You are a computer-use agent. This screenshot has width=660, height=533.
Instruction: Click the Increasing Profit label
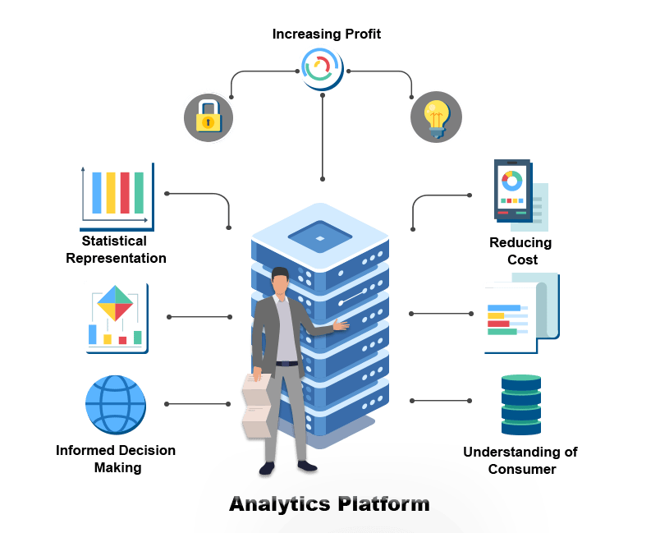pyautogui.click(x=327, y=34)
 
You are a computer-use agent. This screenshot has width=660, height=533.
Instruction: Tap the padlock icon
pyautogui.click(x=209, y=117)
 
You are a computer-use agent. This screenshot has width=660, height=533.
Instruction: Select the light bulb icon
pyautogui.click(x=436, y=117)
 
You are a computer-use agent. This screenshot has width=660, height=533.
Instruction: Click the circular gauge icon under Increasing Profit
pyautogui.click(x=321, y=68)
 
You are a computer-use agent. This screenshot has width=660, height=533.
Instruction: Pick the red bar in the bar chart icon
pyautogui.click(x=125, y=193)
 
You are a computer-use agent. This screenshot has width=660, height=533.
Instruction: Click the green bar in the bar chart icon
pyautogui.click(x=139, y=193)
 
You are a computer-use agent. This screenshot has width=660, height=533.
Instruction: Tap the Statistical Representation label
pyautogui.click(x=116, y=250)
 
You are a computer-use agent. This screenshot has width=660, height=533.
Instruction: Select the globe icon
pyautogui.click(x=116, y=406)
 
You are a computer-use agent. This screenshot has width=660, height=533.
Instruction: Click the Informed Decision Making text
pyautogui.click(x=116, y=459)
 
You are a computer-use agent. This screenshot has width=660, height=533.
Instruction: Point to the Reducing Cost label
pyautogui.click(x=520, y=250)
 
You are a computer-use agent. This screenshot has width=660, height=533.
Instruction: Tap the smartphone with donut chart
pyautogui.click(x=512, y=191)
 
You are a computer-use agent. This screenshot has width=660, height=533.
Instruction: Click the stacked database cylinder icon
pyautogui.click(x=521, y=405)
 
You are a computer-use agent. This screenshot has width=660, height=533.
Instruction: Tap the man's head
pyautogui.click(x=281, y=282)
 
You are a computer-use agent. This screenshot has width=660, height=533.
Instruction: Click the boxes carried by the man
pyautogui.click(x=257, y=407)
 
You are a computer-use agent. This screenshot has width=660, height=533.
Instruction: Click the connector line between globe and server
pyautogui.click(x=198, y=404)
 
